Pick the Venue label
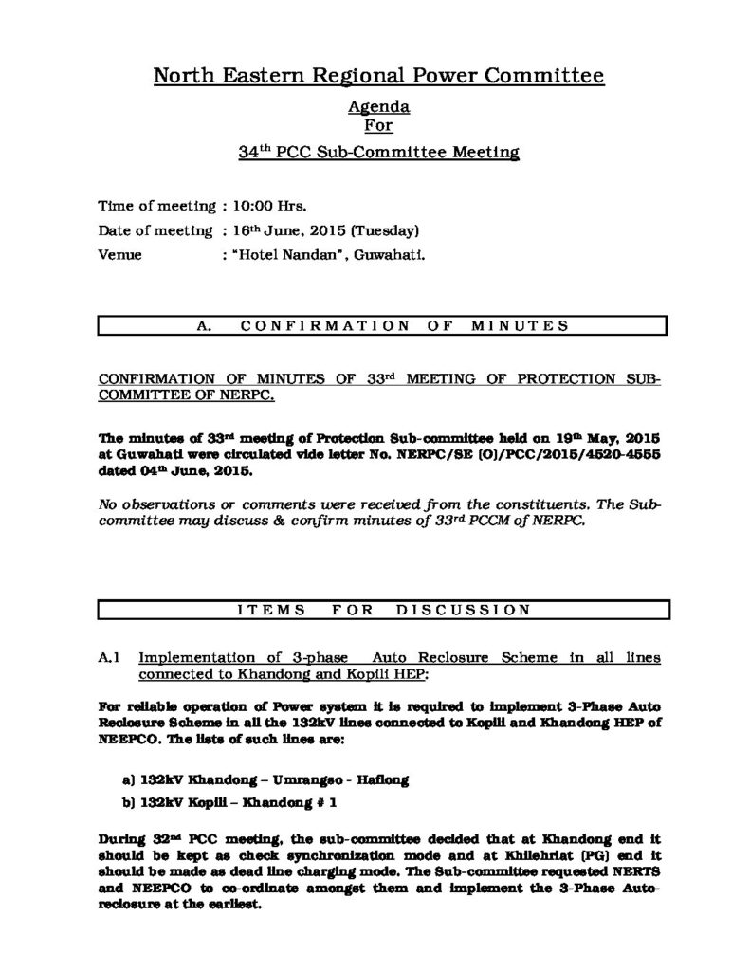pyautogui.click(x=119, y=255)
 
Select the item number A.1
pyautogui.click(x=109, y=657)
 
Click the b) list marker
pyautogui.click(x=129, y=801)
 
